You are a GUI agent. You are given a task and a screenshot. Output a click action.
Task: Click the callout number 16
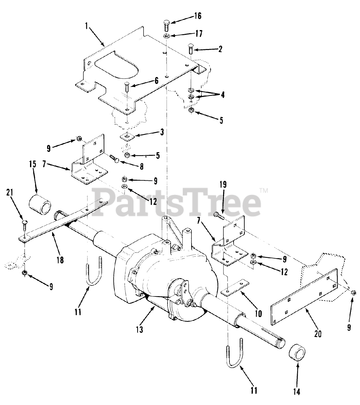tap(198, 16)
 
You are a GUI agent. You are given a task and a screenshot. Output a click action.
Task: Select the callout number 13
tap(139, 329)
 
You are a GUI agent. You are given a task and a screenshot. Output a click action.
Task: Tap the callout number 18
tap(60, 260)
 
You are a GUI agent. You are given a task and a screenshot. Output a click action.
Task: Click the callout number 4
tap(223, 94)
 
